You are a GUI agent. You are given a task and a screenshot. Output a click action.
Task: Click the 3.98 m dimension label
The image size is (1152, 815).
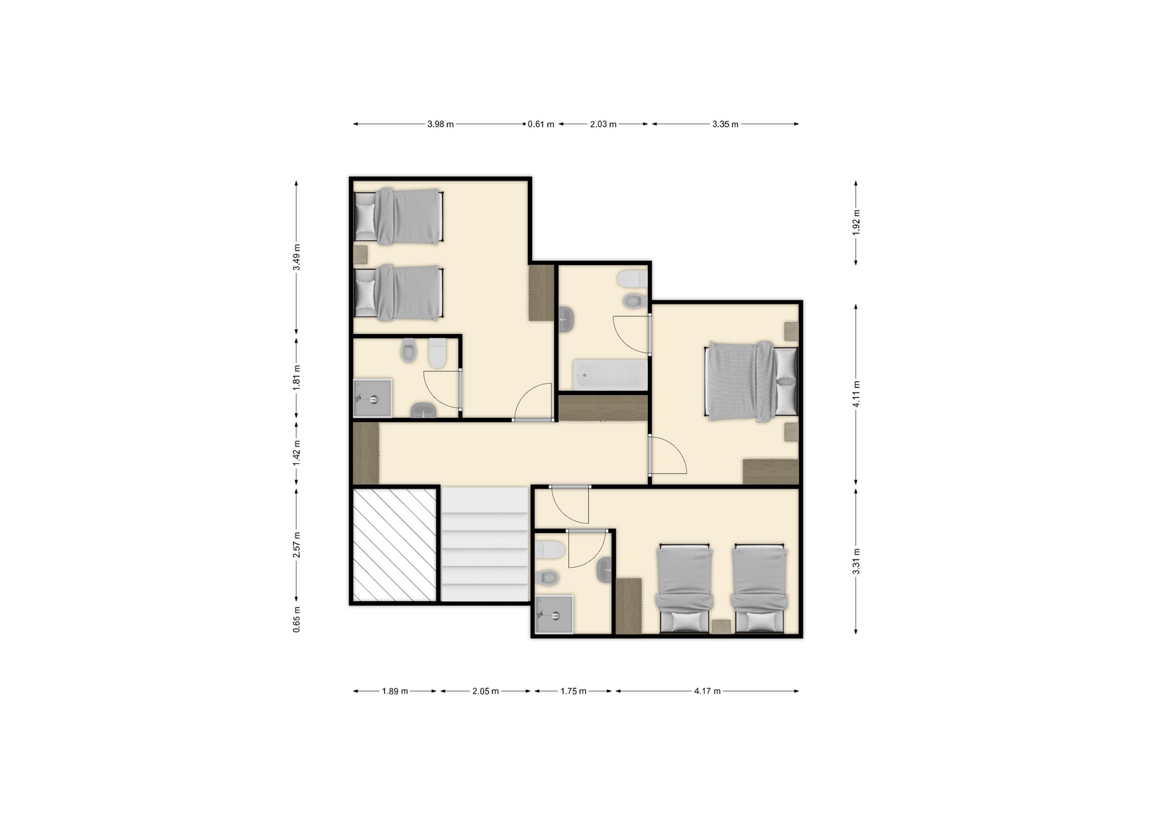tap(440, 124)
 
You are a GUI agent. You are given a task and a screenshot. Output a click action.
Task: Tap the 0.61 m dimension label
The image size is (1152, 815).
tap(541, 124)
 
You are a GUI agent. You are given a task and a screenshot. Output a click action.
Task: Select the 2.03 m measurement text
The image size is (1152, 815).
tap(603, 124)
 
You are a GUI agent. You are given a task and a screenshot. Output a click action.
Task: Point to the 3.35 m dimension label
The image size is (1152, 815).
tap(725, 124)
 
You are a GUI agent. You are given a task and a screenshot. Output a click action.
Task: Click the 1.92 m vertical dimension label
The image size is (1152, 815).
tap(856, 222)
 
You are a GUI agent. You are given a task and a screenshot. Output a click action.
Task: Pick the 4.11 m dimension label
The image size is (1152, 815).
tap(856, 394)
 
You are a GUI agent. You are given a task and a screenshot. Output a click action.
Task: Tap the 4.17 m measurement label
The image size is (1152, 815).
tap(707, 691)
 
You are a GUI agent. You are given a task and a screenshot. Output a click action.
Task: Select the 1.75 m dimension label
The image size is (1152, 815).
tap(574, 691)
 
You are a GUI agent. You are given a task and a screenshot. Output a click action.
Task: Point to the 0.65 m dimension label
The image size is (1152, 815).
tap(296, 619)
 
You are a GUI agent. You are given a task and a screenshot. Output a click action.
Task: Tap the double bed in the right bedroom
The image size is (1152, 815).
tap(752, 382)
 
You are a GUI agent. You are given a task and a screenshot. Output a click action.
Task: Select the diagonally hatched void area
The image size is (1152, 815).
tap(394, 544)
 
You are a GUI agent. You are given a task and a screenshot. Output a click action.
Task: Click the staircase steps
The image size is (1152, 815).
tap(485, 544)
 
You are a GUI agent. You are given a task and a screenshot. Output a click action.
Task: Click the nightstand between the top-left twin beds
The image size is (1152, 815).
tap(361, 254)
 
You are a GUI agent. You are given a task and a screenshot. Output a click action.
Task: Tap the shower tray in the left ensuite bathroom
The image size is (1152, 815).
tap(373, 397)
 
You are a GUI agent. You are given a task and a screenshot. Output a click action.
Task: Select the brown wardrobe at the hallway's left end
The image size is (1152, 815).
tap(366, 453)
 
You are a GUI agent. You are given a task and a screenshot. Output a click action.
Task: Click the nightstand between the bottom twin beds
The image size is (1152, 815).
tap(721, 627)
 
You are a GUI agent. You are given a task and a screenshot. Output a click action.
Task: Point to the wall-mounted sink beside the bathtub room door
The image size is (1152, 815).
tap(566, 319)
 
